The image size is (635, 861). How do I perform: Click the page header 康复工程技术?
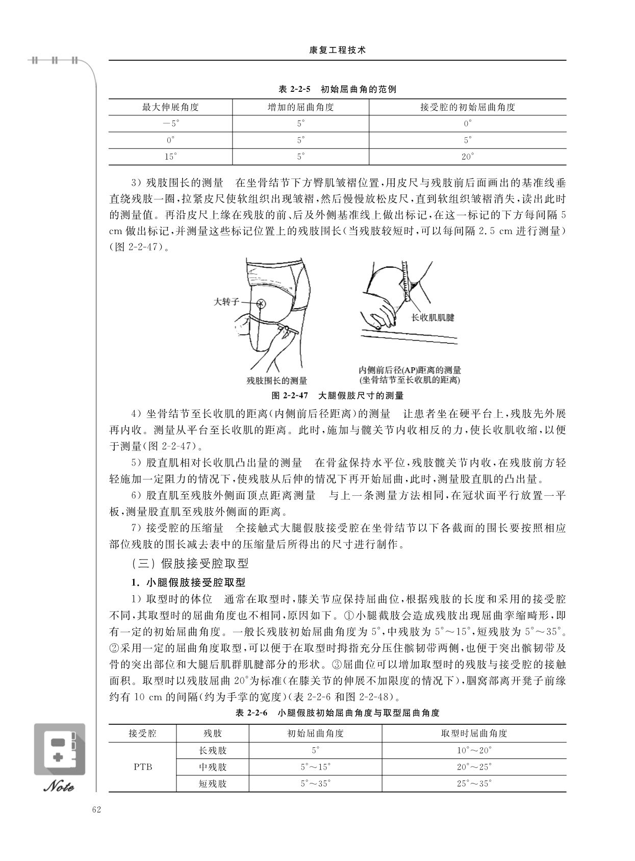(x=337, y=50)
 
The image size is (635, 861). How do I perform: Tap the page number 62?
(x=96, y=809)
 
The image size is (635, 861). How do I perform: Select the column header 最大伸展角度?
(x=170, y=107)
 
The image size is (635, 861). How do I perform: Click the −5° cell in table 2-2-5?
(x=170, y=123)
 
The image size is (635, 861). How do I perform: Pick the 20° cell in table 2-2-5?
(x=467, y=157)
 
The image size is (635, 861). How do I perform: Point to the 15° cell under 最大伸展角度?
(x=170, y=157)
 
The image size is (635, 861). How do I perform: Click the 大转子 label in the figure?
(x=226, y=302)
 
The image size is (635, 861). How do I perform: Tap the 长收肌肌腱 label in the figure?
(x=433, y=317)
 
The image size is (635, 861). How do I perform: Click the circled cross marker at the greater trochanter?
(x=261, y=303)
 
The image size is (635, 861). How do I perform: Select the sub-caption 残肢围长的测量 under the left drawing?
(x=276, y=381)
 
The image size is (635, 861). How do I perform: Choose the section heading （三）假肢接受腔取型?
(x=190, y=564)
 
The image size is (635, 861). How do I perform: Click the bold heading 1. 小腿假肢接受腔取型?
(x=188, y=582)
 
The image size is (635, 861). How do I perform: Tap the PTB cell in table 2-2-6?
(x=143, y=767)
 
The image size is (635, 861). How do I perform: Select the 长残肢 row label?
(x=213, y=750)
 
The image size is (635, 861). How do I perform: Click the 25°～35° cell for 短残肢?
(x=474, y=783)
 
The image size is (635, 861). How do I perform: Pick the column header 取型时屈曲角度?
(x=474, y=733)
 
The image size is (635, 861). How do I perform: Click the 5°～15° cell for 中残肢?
(x=315, y=767)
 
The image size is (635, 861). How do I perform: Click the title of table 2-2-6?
(x=337, y=713)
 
